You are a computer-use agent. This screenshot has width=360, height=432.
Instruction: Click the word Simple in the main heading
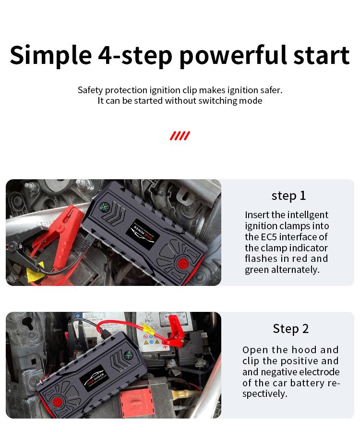[x=51, y=56]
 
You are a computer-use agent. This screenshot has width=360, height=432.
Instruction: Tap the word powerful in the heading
[x=234, y=56]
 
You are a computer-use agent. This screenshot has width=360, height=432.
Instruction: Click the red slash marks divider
[x=180, y=136]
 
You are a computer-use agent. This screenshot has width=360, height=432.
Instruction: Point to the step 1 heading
[x=288, y=196]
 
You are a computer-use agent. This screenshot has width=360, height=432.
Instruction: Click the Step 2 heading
[x=291, y=329]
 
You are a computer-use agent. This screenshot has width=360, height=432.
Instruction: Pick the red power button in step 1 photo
[x=183, y=263]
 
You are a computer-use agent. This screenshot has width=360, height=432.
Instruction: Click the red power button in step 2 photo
[x=57, y=402]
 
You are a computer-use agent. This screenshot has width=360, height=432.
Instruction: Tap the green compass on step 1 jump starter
[x=104, y=206]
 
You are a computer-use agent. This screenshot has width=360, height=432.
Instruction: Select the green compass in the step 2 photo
[x=128, y=355]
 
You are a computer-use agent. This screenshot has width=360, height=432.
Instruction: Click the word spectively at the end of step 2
[x=264, y=394]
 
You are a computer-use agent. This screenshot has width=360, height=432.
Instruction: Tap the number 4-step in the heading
[x=135, y=56]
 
